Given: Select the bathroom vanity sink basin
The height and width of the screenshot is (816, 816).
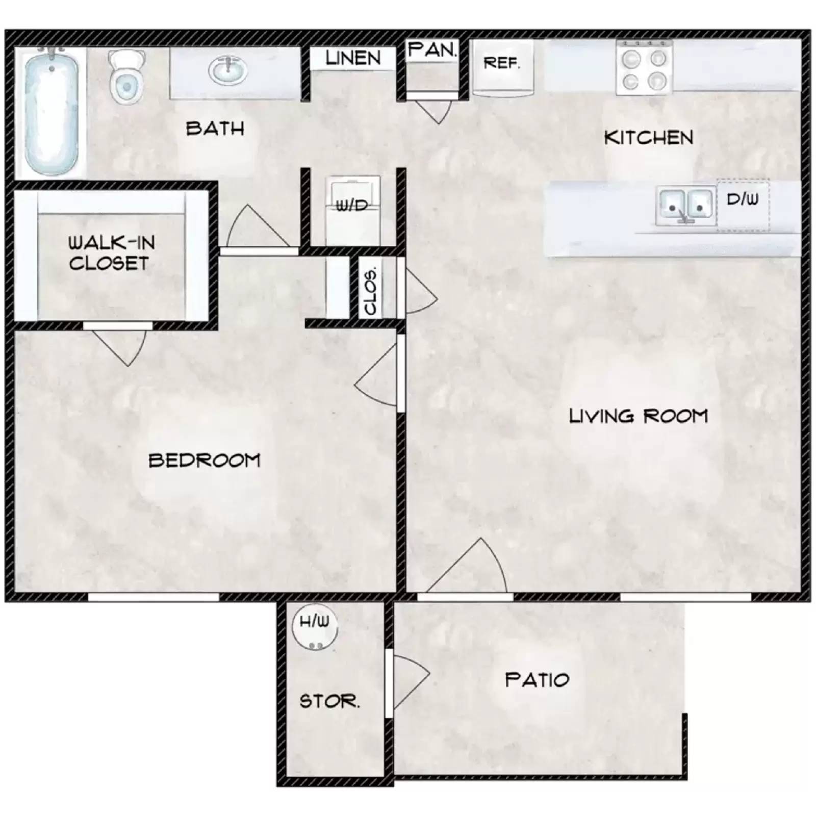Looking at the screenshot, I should (228, 71).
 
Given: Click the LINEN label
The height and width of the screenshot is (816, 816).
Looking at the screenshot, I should (353, 58).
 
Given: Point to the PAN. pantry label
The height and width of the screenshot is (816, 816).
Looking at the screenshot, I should (432, 50).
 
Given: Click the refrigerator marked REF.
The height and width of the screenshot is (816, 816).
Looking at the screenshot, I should (502, 66).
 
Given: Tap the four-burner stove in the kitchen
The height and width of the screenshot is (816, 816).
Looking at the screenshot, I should (644, 68).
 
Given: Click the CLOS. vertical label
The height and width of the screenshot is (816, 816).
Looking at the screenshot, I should (371, 291).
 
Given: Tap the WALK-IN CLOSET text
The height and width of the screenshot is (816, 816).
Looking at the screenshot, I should (111, 253).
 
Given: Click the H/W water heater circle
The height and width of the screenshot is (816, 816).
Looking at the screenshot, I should (315, 627).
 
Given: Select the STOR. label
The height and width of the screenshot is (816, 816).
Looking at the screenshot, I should (329, 701).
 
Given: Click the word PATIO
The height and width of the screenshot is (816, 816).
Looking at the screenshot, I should (537, 680).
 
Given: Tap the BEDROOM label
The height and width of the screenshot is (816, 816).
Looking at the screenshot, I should (204, 461).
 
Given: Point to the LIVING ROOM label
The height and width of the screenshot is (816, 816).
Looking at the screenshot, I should (638, 416).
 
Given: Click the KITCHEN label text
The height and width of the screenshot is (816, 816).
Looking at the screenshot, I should (648, 138).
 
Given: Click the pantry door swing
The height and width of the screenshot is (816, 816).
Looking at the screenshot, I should (433, 110).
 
